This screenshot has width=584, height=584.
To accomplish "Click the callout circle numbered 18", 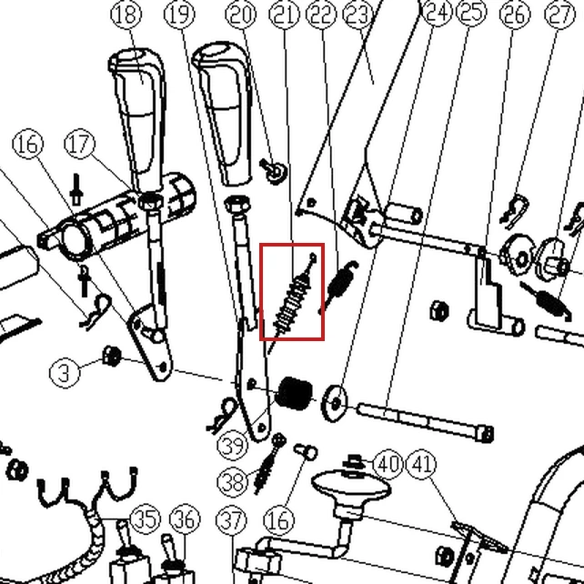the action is coord(126,15).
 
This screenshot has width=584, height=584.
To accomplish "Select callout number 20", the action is coord(241,15).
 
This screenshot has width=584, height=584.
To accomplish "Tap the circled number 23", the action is coord(357,15).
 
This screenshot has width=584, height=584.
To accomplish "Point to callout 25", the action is coord(471,12).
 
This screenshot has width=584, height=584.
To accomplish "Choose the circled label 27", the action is coord(559,15).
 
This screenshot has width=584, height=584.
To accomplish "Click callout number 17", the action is coord(80,144).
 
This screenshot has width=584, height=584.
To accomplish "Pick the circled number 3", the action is coord(65,372).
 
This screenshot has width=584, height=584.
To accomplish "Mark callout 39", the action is coord(232,445).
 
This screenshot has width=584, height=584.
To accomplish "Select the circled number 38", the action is coord(232,481).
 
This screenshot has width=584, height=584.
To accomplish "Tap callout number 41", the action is coord(423,465).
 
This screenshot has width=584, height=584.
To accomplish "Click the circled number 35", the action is coord(146,519).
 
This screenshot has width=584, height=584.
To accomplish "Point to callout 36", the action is coord(185,519).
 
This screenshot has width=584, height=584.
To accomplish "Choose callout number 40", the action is coord(388,465).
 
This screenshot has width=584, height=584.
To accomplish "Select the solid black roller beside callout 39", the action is coord(296,393).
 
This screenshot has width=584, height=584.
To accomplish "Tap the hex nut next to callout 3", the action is coord(112,356).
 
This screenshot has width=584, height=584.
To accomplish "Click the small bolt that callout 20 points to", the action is coord(274,171).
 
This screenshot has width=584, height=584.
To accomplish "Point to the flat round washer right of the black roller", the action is coord(334,403).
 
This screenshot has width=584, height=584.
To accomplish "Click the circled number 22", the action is coord(321,15).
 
